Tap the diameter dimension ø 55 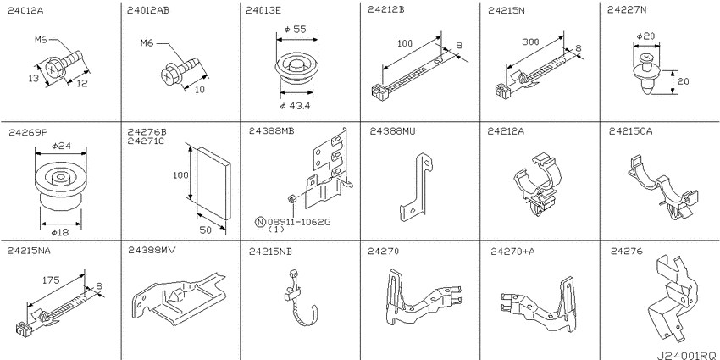[x=296, y=30]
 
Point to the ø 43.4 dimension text [x=296, y=106]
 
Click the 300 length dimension [x=530, y=42]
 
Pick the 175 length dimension [x=50, y=280]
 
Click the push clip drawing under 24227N [x=647, y=75]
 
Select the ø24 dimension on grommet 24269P [x=61, y=146]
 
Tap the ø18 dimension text [x=60, y=233]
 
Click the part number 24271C [x=146, y=141]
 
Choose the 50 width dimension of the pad [x=206, y=230]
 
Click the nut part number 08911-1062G [x=298, y=223]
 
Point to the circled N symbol [x=260, y=223]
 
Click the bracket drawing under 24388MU [x=417, y=188]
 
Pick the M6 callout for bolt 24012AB [x=147, y=43]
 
